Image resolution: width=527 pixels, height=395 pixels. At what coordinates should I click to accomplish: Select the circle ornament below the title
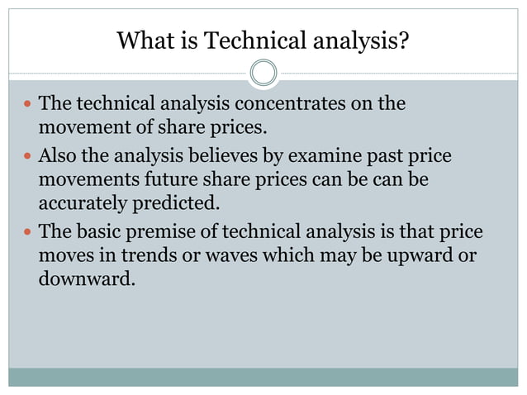tap(263, 73)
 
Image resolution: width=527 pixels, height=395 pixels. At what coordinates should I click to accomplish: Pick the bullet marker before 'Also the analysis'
tap(27, 157)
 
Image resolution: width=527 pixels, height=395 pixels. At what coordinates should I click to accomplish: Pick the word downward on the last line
tap(85, 278)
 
